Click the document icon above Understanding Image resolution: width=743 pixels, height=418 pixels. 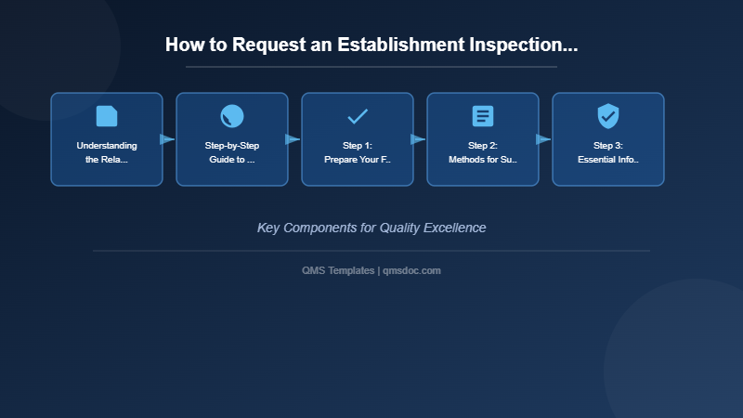107,116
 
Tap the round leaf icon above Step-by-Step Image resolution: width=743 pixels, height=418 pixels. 232,116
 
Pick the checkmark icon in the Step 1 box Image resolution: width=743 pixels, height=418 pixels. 358,116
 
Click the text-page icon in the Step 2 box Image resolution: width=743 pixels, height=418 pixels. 483,116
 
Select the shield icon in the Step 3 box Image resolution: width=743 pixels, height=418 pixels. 608,116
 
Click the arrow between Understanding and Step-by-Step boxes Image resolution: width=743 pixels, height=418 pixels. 168,139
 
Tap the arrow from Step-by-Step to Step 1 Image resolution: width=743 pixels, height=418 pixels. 293,139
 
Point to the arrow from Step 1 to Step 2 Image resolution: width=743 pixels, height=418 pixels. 419,139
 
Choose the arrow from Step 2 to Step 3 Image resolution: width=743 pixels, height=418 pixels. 544,139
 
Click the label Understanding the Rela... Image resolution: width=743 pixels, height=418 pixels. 107,152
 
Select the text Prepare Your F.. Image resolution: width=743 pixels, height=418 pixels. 358,160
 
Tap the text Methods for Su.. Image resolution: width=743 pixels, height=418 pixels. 483,160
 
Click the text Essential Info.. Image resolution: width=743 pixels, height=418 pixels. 608,160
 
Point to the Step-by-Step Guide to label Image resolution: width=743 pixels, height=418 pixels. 232,152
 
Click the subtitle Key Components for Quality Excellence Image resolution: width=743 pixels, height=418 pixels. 371,228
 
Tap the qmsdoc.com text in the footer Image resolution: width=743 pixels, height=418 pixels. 412,270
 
